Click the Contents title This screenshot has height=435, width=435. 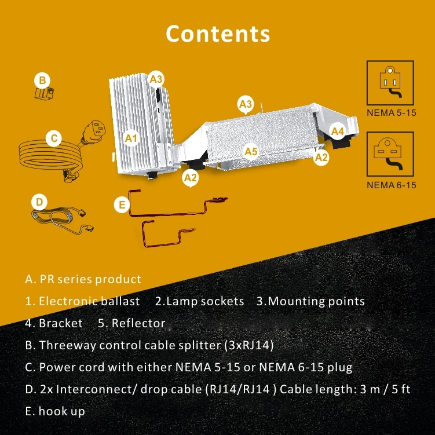click(218, 33)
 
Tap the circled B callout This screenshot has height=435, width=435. click(42, 80)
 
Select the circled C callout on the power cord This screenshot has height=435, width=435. click(53, 138)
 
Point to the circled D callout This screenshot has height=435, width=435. click(39, 202)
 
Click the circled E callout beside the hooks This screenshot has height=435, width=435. click(121, 204)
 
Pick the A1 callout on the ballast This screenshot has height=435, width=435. click(131, 138)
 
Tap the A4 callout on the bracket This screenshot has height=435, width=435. click(338, 131)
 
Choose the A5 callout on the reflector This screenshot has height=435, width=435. click(250, 152)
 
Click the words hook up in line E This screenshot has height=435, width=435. click(61, 411)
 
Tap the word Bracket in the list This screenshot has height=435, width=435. click(61, 323)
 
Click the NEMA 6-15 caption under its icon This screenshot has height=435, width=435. click(391, 186)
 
